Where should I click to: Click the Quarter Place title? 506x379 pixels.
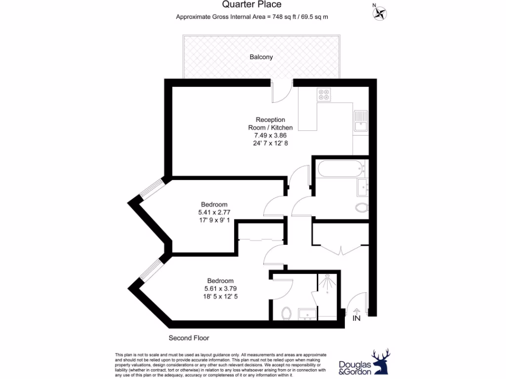(x=252, y=4)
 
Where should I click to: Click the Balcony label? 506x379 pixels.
(x=261, y=57)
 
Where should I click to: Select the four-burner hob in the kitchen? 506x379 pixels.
(x=324, y=94)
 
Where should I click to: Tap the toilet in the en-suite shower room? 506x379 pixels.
(x=286, y=313)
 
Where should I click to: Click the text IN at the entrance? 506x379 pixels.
(x=356, y=319)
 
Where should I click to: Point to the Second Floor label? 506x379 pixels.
(x=189, y=338)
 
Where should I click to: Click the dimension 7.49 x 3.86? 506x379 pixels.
(x=270, y=135)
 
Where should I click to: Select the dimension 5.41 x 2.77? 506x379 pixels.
(x=214, y=213)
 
